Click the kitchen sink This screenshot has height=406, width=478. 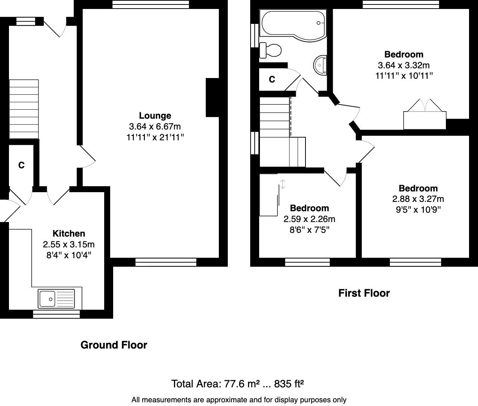coord(56,299)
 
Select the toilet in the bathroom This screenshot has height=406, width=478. coord(271,50)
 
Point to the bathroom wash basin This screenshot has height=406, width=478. coord(321,64)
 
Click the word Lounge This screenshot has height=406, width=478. coord(155,116)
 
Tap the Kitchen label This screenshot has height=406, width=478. coord(69,234)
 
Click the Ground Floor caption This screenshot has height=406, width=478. coord(114,345)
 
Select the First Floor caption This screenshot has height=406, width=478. coord(364,293)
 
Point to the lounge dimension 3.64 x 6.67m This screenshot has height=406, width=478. coord(155,127)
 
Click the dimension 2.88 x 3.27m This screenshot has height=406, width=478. coord(418,199)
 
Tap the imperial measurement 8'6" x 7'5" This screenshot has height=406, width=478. coord(309,229)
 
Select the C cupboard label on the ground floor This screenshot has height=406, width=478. coord(22,165)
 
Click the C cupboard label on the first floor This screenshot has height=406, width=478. coord(272,79)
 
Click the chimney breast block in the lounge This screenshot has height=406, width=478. coord(212,97)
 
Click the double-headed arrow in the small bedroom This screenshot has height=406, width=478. coord(283,184)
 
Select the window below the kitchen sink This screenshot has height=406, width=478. coord(56,314)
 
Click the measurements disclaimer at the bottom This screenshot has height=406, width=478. coord(239,400)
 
